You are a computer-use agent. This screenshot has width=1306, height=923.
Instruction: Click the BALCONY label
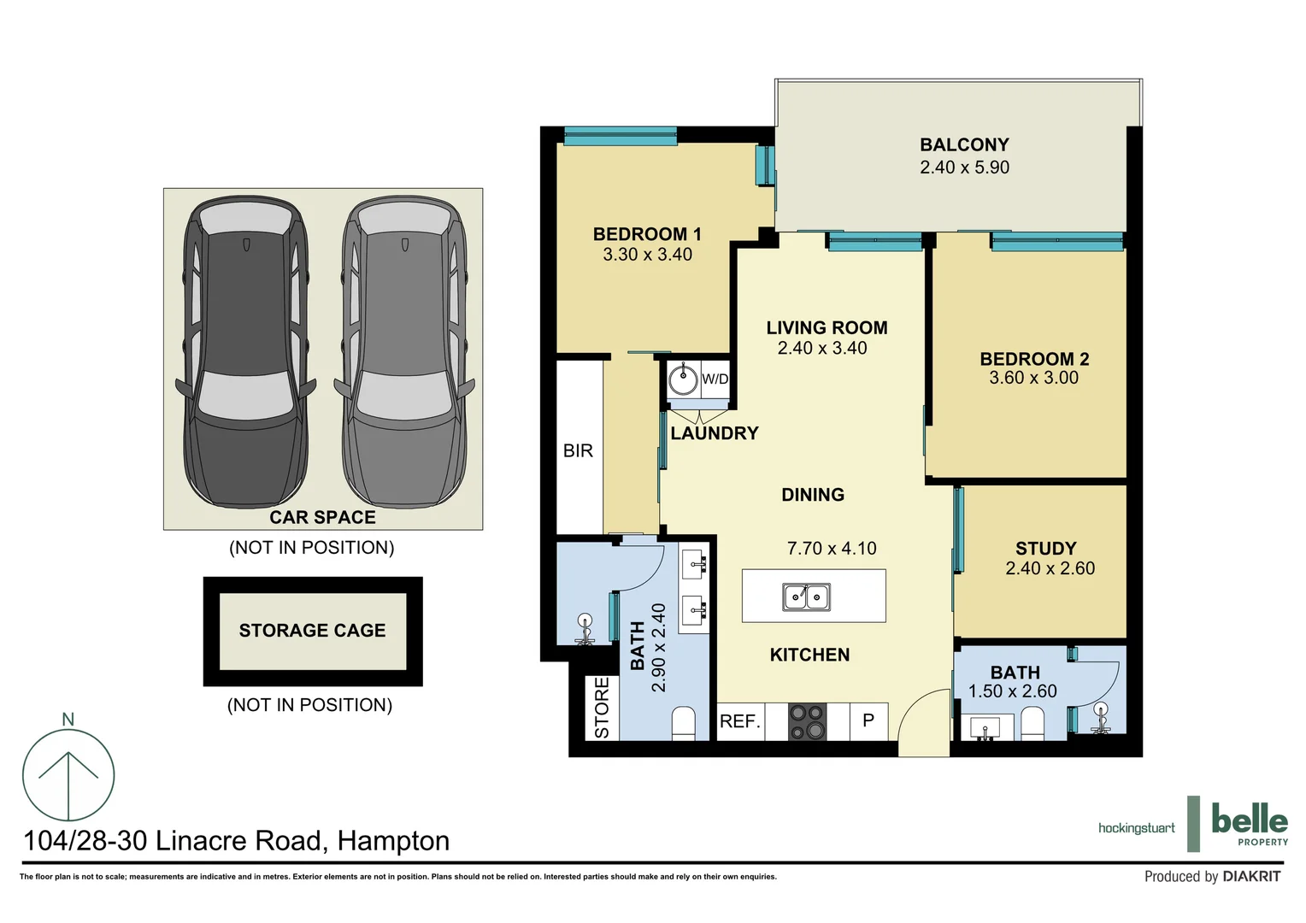tap(964, 145)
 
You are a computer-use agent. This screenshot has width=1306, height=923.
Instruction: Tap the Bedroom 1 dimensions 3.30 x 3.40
tap(647, 255)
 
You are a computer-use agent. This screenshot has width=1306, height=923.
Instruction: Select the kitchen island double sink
tap(806, 597)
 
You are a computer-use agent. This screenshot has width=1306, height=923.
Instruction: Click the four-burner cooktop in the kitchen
tap(807, 721)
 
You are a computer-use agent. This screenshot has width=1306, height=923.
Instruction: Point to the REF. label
tap(740, 721)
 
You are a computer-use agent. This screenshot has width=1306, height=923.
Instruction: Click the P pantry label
tap(868, 720)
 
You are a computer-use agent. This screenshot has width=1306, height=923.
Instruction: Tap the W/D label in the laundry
tap(715, 379)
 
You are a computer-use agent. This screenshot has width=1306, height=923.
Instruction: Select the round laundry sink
tap(683, 379)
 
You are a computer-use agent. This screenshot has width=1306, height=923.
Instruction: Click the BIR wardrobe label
tap(578, 450)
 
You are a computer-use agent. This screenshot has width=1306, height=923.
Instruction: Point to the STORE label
tap(602, 708)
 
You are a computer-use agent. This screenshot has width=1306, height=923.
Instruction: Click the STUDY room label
tap(1045, 549)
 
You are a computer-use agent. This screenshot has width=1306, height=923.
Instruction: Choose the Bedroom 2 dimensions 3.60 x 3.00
tap(1033, 378)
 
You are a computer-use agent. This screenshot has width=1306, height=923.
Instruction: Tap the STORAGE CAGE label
tap(312, 631)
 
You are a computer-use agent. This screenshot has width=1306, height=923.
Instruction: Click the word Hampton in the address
tap(393, 841)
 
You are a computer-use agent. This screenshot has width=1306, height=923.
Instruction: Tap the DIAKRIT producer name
tap(1251, 876)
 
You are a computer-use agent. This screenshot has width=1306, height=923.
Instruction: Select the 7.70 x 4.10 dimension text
tap(832, 549)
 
